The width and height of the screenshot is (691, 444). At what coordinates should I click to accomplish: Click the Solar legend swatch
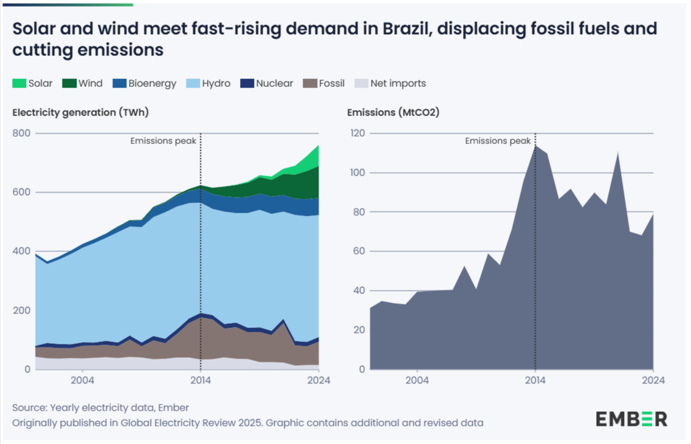tap(19, 84)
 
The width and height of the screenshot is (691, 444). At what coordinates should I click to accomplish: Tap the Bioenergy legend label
tap(152, 83)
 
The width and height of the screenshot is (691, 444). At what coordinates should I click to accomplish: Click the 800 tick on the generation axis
tap(21, 133)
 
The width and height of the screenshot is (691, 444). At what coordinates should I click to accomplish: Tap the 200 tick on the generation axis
tap(21, 310)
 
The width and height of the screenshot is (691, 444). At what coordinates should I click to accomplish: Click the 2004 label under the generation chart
tap(81, 381)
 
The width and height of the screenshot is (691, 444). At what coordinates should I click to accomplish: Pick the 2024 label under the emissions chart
tap(653, 381)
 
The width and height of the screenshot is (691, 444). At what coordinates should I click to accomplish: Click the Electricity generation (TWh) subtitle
tap(80, 112)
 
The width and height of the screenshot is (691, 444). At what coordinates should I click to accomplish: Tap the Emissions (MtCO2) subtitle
tap(393, 112)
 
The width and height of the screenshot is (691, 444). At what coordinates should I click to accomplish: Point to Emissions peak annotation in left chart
tap(163, 141)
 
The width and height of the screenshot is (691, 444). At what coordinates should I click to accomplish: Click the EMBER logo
tap(631, 418)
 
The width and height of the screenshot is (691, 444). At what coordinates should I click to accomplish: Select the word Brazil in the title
tap(392, 29)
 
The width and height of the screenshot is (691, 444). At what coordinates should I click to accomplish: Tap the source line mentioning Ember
tap(105, 408)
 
